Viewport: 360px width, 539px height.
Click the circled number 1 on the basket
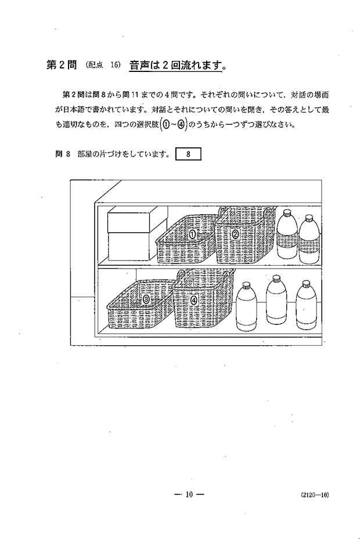[193, 235]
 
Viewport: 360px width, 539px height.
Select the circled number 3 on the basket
[146, 299]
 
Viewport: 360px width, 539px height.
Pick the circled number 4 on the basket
[194, 300]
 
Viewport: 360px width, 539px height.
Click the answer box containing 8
[188, 154]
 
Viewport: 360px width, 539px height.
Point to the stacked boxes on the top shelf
[128, 235]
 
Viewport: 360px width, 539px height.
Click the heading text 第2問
[62, 66]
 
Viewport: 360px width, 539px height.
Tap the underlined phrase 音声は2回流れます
[175, 66]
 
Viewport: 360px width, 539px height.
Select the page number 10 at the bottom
[190, 495]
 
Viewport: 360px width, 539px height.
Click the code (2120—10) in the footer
[315, 495]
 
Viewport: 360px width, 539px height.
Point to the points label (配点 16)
[103, 66]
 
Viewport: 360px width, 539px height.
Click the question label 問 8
[63, 154]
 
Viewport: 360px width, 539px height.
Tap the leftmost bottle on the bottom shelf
[246, 306]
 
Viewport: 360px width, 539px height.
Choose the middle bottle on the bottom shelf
[277, 300]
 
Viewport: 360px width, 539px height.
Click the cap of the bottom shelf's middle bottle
[277, 278]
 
